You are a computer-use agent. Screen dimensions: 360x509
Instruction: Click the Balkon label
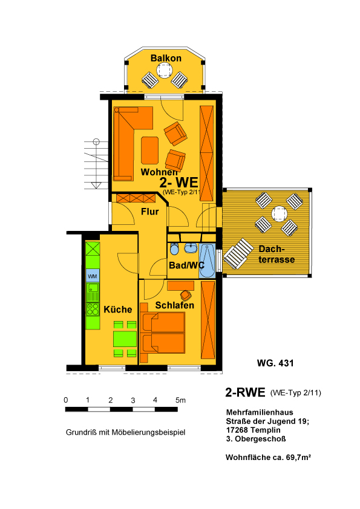[x=166, y=58]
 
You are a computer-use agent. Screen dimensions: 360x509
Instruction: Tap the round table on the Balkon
[x=164, y=70]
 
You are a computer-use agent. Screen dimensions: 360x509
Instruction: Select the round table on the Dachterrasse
[x=279, y=214]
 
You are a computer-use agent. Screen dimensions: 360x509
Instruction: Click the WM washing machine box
[x=93, y=276]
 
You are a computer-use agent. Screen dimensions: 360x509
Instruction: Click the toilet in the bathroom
[x=174, y=248]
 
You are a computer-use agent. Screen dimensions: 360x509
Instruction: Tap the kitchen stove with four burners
[x=93, y=309]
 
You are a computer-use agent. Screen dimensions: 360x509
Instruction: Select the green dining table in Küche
[x=125, y=339]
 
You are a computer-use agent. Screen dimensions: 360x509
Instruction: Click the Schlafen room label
[x=174, y=305]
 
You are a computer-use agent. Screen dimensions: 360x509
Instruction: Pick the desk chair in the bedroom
[x=186, y=296]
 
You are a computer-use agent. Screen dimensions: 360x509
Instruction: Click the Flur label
[x=150, y=212]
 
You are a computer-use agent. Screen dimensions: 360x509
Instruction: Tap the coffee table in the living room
[x=150, y=151]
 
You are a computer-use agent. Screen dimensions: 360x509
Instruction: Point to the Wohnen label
[x=159, y=172]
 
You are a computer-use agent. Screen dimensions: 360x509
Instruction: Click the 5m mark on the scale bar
[x=181, y=400]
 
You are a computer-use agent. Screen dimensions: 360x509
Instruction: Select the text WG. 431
[x=275, y=363]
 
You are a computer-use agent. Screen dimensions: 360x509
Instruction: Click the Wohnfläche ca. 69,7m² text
[x=269, y=458]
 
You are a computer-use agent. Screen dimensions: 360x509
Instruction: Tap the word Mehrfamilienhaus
[x=260, y=412]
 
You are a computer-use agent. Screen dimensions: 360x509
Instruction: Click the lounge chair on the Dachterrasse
[x=238, y=253]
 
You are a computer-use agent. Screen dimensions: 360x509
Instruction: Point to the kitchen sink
[x=93, y=291]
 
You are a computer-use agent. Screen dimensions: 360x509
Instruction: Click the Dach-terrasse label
[x=277, y=254]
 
